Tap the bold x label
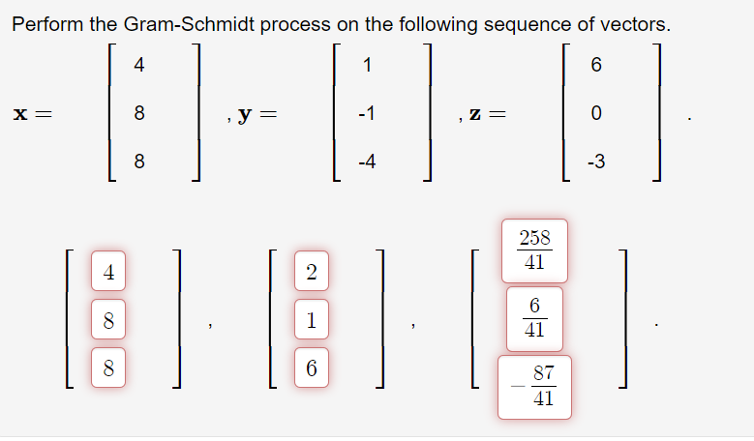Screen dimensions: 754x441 (24, 114)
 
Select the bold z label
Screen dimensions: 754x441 (475, 114)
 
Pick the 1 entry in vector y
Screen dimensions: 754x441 (365, 66)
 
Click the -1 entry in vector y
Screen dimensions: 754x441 (365, 114)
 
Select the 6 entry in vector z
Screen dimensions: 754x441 (595, 66)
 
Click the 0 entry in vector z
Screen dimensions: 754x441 (595, 114)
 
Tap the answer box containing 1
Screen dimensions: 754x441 (311, 320)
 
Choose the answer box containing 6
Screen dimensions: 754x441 (311, 367)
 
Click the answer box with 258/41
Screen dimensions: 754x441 (534, 250)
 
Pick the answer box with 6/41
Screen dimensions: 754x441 (534, 318)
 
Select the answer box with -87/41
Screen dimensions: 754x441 (534, 386)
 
